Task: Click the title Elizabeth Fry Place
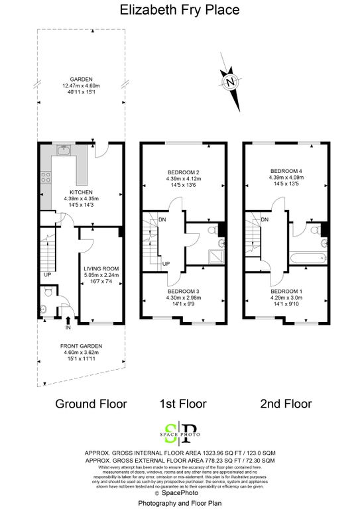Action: (180, 10)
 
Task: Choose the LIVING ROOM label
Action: (99, 269)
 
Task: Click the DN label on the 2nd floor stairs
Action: (265, 220)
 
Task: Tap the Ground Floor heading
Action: (90, 404)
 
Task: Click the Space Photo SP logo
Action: (180, 433)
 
